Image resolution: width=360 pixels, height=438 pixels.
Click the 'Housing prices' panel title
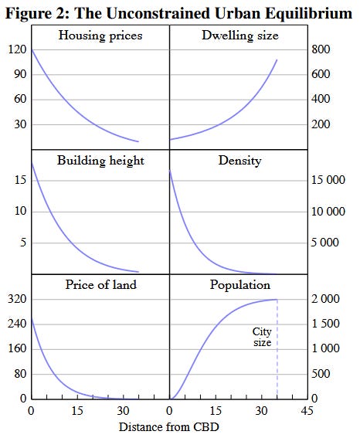(100, 36)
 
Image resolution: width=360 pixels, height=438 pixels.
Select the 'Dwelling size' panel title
(240, 36)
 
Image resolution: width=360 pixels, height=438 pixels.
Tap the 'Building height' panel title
(100, 161)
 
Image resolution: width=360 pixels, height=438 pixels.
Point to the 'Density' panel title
(240, 161)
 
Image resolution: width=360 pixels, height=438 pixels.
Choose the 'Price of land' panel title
(101, 285)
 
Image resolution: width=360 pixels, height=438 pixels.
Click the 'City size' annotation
(262, 337)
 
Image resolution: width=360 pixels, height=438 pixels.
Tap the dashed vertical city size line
(277, 349)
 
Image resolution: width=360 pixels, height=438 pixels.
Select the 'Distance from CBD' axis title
(168, 427)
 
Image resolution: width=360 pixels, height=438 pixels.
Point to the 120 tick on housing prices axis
(17, 49)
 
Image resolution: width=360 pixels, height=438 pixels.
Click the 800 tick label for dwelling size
(321, 49)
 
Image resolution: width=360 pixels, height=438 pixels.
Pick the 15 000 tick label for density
(328, 180)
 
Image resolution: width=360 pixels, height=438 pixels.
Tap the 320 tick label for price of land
(17, 299)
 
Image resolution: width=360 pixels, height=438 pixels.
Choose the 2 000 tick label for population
(325, 299)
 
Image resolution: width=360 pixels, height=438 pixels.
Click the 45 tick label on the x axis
(307, 411)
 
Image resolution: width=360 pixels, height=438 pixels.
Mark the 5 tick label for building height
(23, 243)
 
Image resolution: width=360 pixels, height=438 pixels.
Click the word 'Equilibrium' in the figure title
(308, 13)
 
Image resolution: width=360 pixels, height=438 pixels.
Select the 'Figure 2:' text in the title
(37, 13)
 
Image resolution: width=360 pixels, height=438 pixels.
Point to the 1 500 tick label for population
(325, 324)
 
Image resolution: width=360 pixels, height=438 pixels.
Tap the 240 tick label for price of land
(17, 324)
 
